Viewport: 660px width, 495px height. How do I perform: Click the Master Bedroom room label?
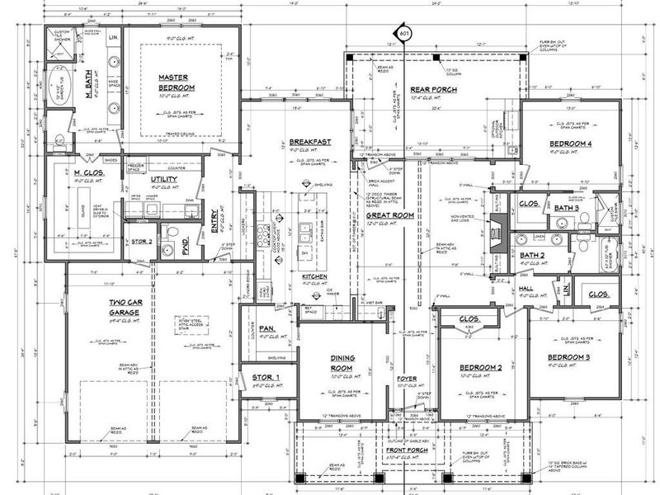(x=177, y=82)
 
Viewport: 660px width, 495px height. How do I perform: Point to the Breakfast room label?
(x=309, y=142)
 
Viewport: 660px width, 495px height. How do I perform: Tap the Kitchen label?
(x=314, y=276)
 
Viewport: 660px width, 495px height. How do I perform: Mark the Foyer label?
(x=407, y=379)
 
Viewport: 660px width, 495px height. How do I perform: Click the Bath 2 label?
(x=532, y=255)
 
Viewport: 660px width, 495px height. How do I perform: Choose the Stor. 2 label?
(x=143, y=242)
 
